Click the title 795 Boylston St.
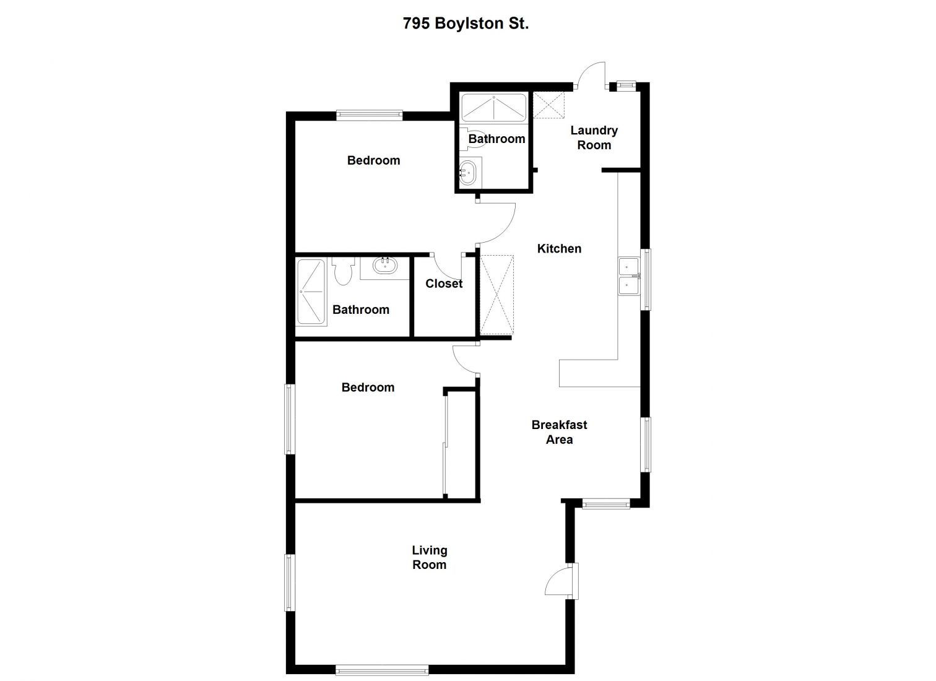(x=466, y=24)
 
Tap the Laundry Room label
(x=594, y=137)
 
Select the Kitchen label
(x=559, y=249)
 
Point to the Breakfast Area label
(x=559, y=432)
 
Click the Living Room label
(x=429, y=557)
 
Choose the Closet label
(x=444, y=284)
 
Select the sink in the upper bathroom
(x=469, y=171)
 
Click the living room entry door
(x=559, y=582)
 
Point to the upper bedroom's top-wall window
(x=369, y=115)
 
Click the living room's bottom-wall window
(x=381, y=669)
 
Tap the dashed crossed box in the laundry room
(x=549, y=105)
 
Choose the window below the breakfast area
(x=606, y=504)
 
